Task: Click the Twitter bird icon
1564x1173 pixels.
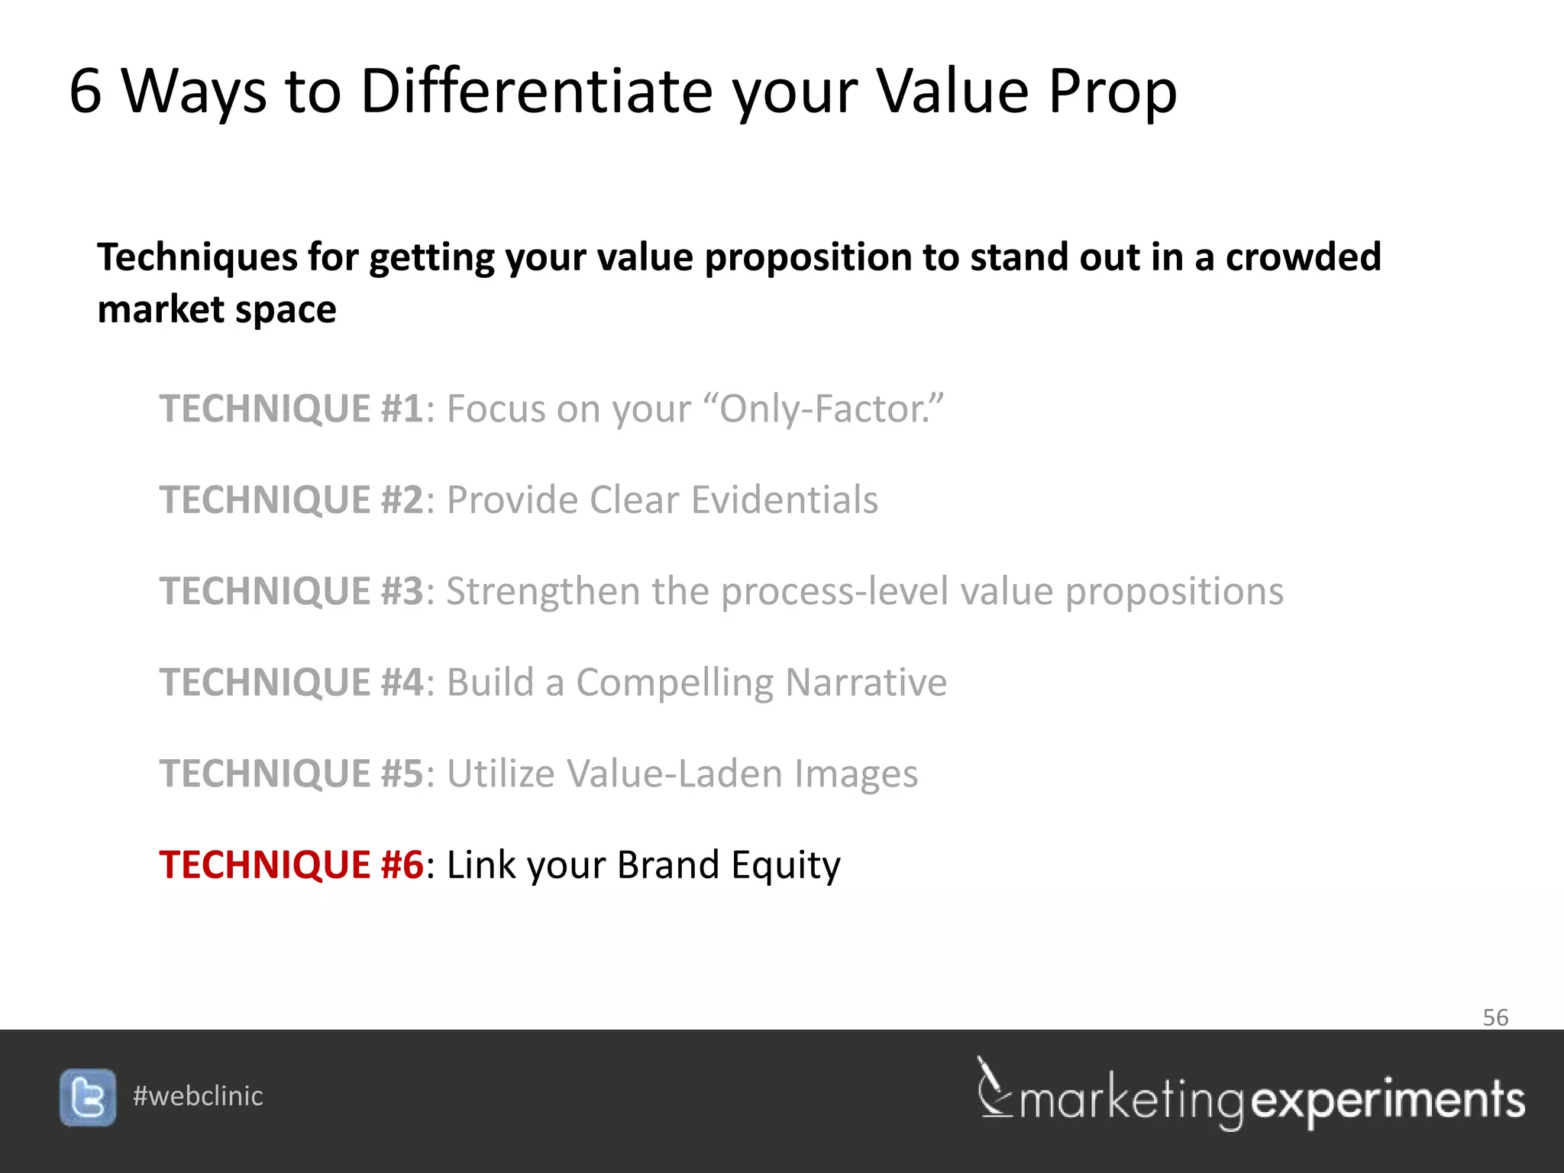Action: [88, 1097]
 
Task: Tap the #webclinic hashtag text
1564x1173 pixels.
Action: [198, 1096]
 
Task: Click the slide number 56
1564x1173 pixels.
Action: [1495, 1017]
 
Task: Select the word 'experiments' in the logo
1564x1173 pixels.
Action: [1388, 1100]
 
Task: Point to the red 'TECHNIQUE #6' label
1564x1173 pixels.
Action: [291, 864]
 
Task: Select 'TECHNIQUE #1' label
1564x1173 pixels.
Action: [291, 409]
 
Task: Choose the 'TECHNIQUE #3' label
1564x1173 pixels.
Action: [291, 591]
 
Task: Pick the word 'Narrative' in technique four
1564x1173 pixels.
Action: [866, 682]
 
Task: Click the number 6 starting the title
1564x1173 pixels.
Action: [85, 91]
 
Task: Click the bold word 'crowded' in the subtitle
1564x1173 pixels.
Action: [1303, 257]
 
